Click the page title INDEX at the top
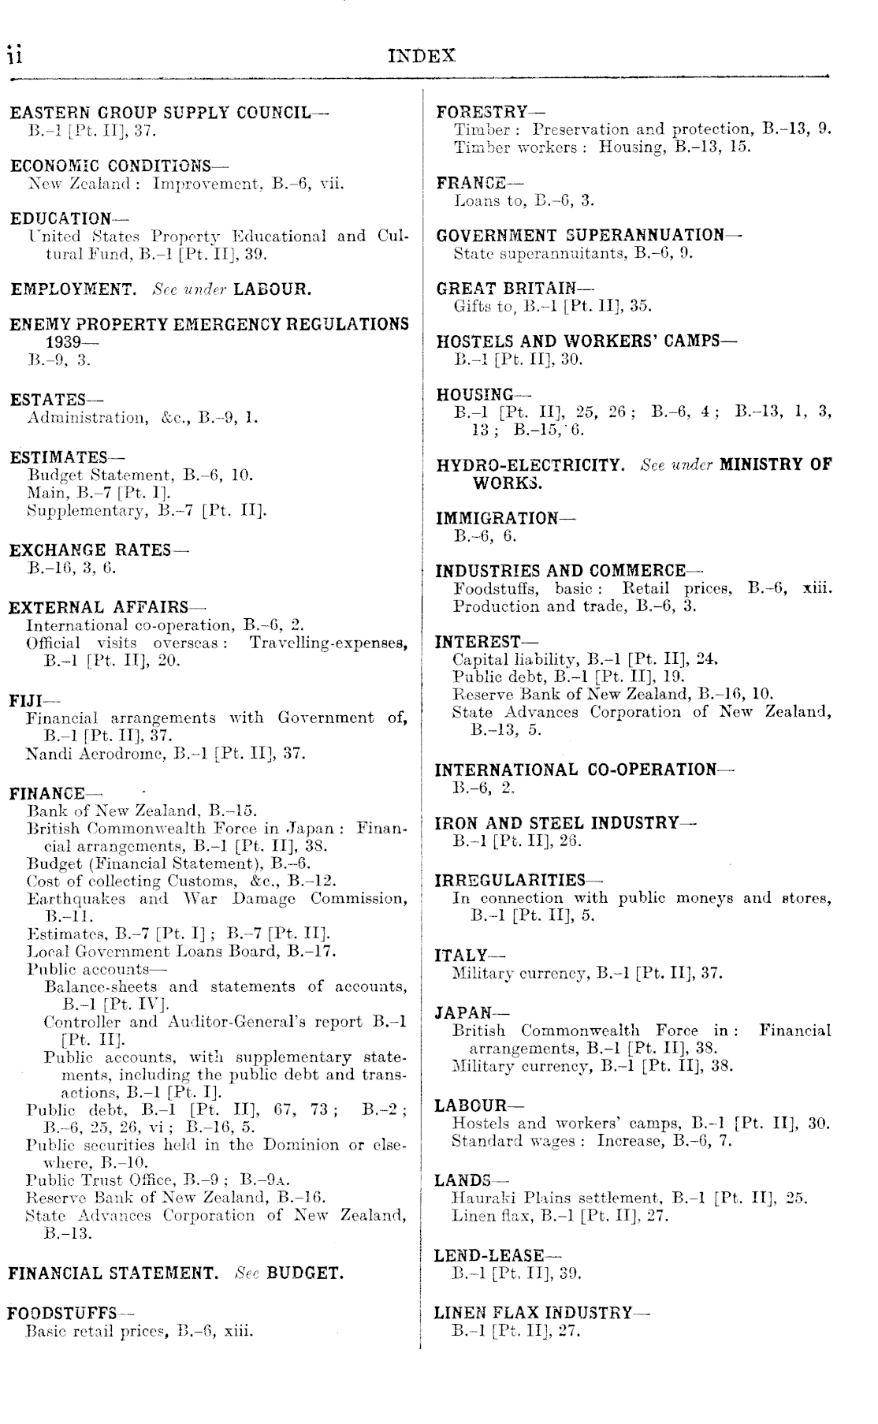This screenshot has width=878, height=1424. point(422,56)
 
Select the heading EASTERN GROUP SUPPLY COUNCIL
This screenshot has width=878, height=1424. point(161,113)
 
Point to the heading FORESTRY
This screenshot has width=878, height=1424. point(482,113)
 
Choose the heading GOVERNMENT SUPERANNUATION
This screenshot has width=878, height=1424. point(580,235)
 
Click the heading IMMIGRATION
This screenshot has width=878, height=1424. point(497,518)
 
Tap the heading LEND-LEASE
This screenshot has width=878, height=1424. point(489,1254)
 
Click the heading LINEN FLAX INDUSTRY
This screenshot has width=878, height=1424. point(534,1312)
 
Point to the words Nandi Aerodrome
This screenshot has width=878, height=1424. point(76,753)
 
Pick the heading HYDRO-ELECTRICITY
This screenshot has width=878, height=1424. point(530,464)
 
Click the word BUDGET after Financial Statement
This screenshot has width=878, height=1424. point(305,1273)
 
